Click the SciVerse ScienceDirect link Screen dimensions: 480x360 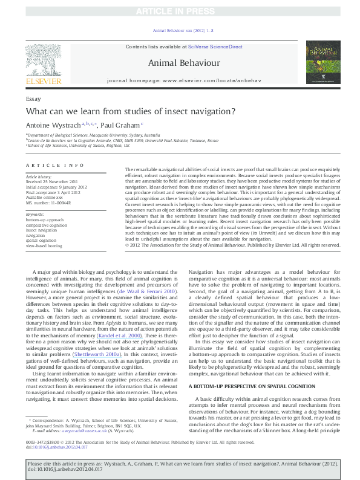tap(215, 47)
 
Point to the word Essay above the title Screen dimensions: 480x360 tap(33, 98)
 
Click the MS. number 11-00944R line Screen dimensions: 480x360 tap(48, 203)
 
